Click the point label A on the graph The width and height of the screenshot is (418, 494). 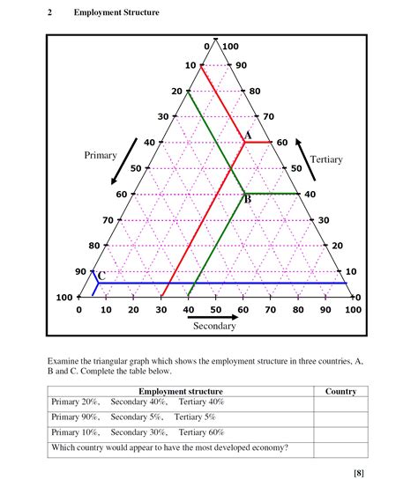(x=248, y=135)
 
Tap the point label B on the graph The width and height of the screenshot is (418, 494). (x=248, y=200)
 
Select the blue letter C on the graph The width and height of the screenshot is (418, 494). (x=101, y=276)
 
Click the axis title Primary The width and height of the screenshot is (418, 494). (x=101, y=155)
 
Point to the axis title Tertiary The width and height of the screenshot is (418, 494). (x=325, y=159)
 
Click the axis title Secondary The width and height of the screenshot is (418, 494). (x=214, y=327)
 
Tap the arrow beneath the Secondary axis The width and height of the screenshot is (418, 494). (x=215, y=316)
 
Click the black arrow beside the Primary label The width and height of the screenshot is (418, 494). (x=124, y=159)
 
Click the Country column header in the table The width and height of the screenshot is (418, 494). (x=340, y=391)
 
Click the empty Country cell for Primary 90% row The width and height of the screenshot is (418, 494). (x=340, y=417)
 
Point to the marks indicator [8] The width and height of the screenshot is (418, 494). (x=359, y=474)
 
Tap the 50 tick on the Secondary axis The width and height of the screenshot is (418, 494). (x=215, y=310)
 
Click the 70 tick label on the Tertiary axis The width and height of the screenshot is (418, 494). (x=268, y=116)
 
